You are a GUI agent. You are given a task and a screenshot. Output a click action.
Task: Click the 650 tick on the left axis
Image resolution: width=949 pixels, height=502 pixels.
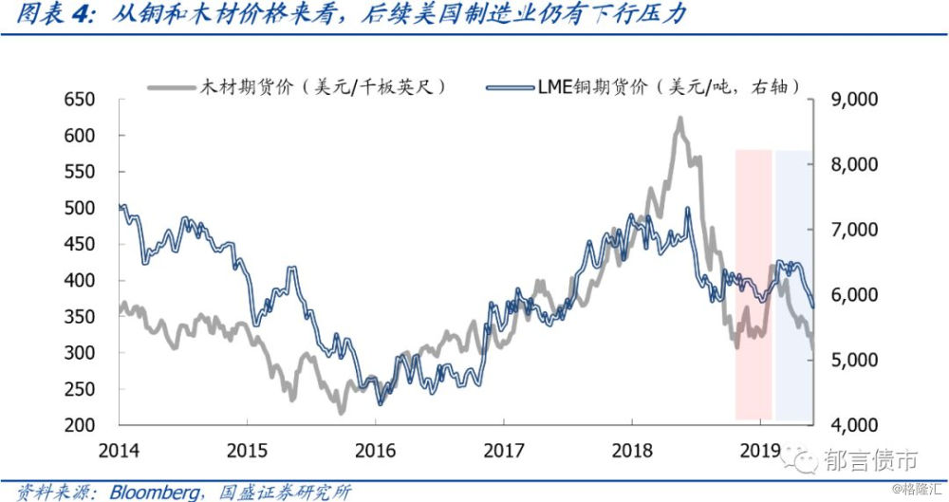pos(81,100)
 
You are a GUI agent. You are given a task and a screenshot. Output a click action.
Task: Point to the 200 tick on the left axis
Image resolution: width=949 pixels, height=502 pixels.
pos(81,425)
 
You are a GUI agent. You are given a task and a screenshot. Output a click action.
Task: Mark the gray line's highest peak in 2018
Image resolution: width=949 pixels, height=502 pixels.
pos(679,120)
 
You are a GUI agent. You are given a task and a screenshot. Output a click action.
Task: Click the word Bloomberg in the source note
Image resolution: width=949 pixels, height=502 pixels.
pos(155,492)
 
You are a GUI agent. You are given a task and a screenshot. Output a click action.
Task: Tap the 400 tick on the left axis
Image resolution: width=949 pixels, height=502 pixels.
pos(81,281)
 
